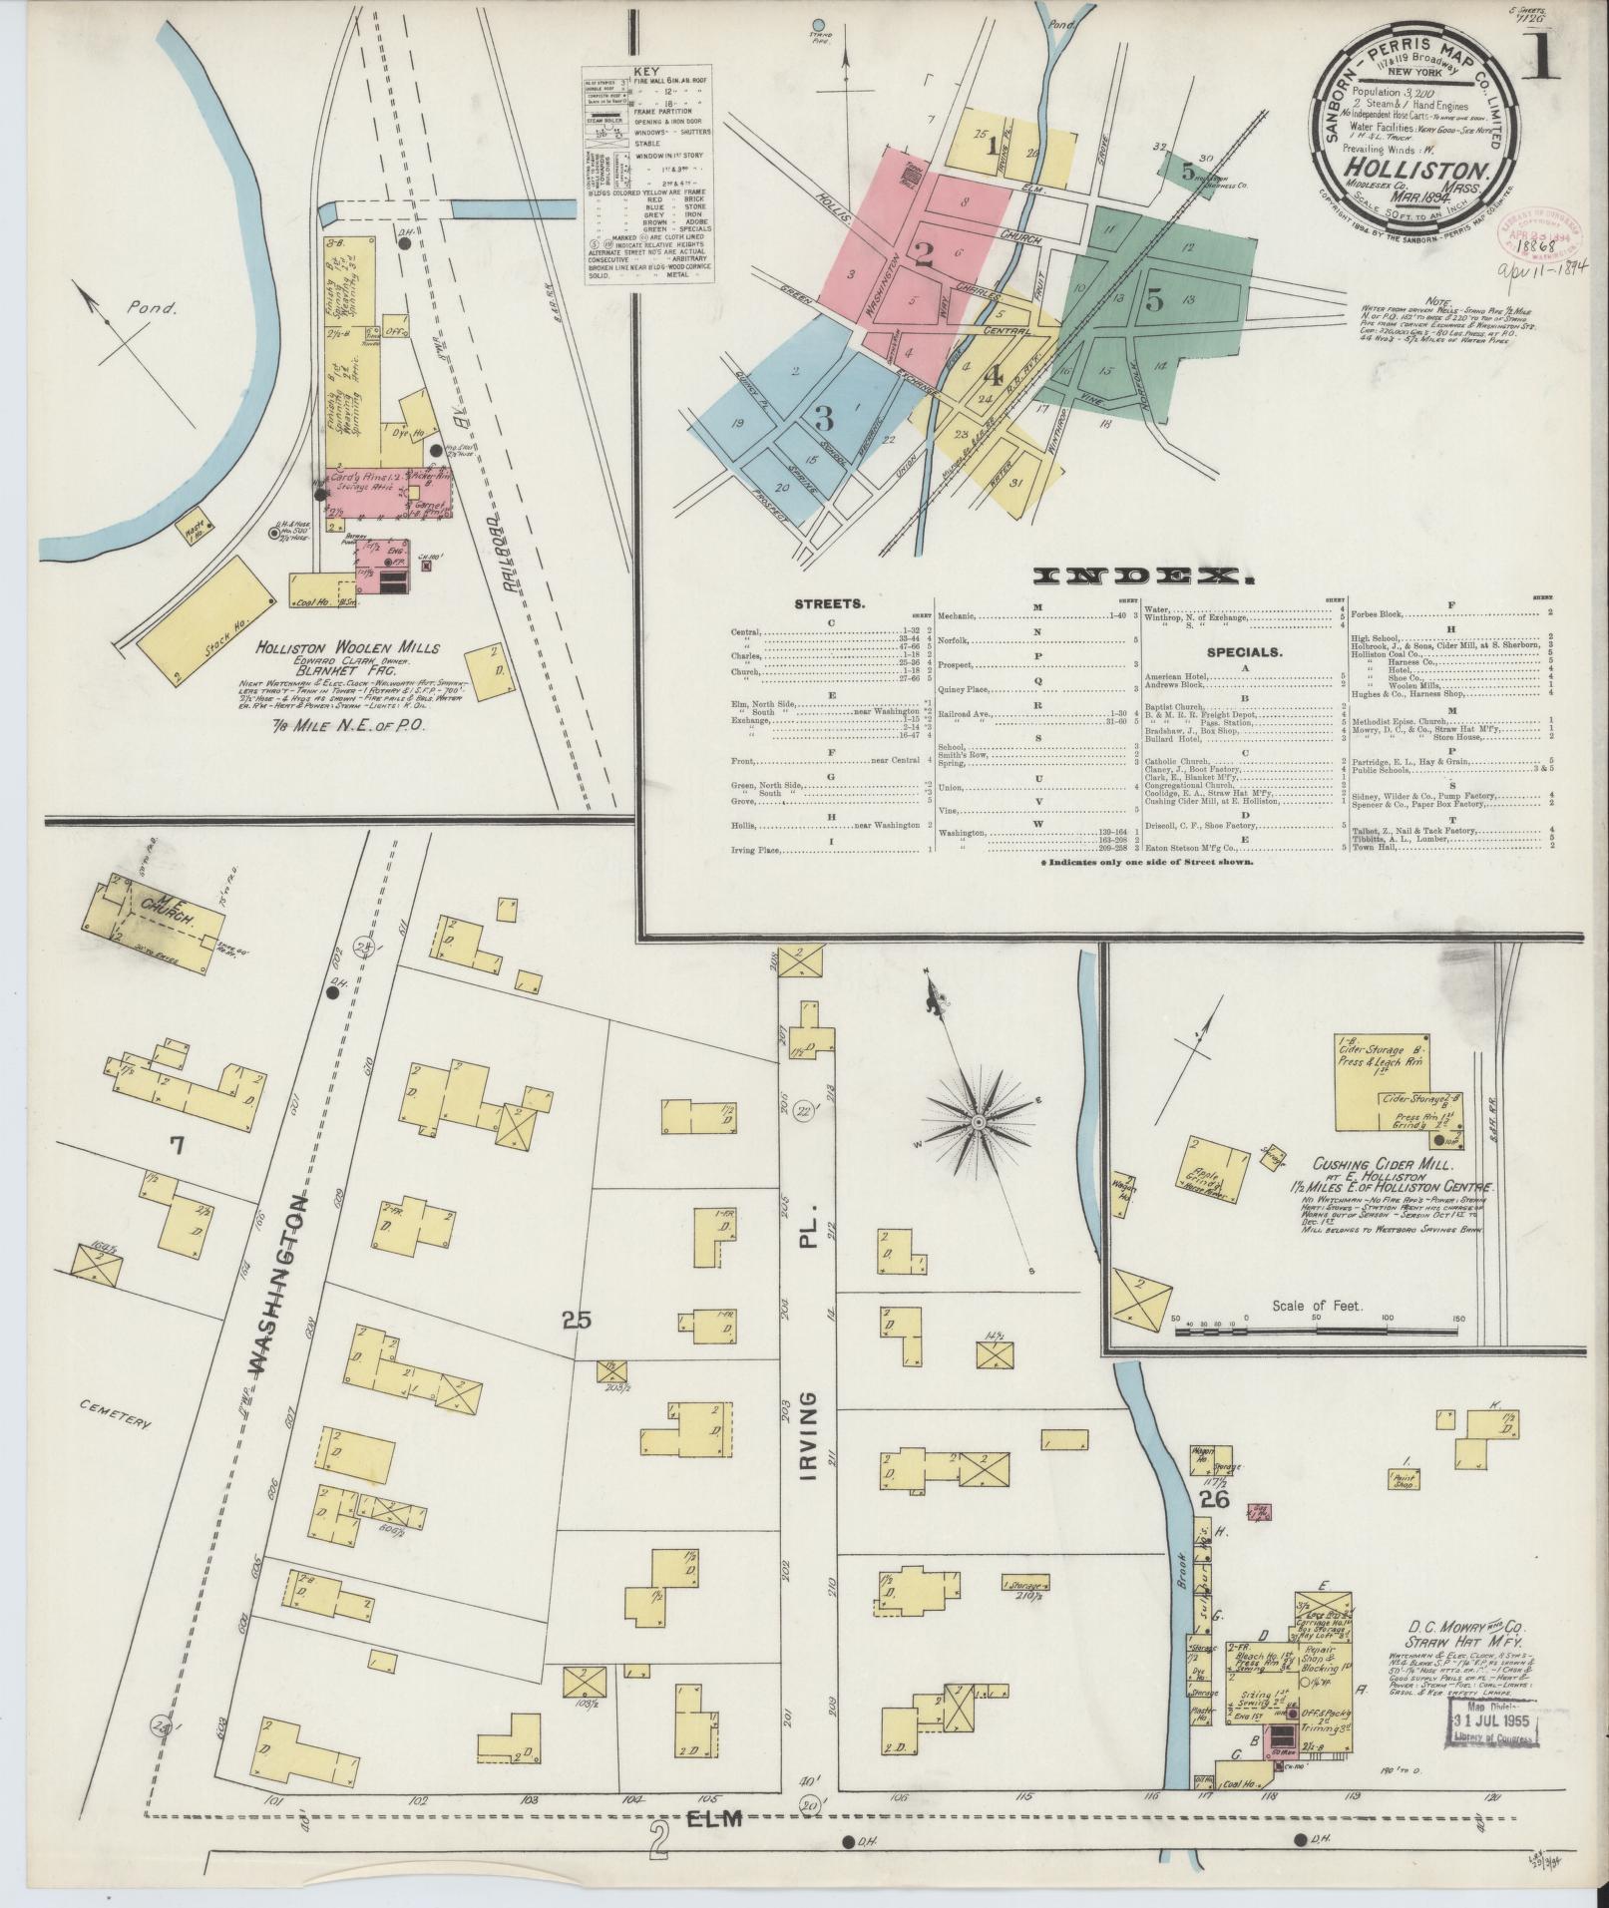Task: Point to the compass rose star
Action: tap(979, 1122)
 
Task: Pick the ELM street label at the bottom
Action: tap(717, 1818)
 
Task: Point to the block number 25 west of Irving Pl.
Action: tap(577, 1321)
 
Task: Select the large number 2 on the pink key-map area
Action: tap(924, 254)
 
